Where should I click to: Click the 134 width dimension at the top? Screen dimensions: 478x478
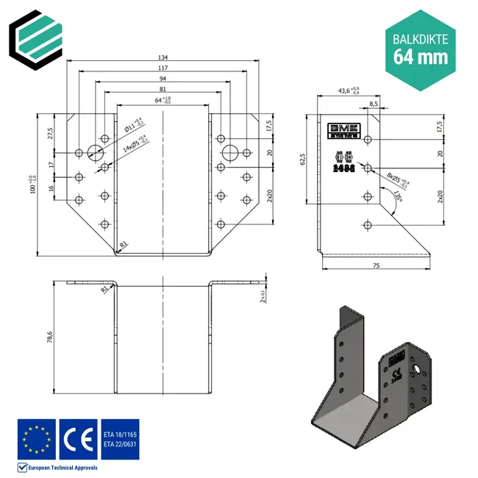163,57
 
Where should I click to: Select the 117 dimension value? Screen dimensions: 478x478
163,68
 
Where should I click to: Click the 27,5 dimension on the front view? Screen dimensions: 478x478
51,132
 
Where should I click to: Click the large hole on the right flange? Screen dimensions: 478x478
230,152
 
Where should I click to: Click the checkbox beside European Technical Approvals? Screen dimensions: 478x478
21,467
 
